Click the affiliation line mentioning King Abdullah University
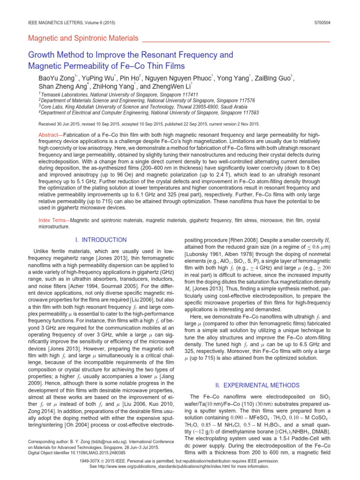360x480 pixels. point(127,106)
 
